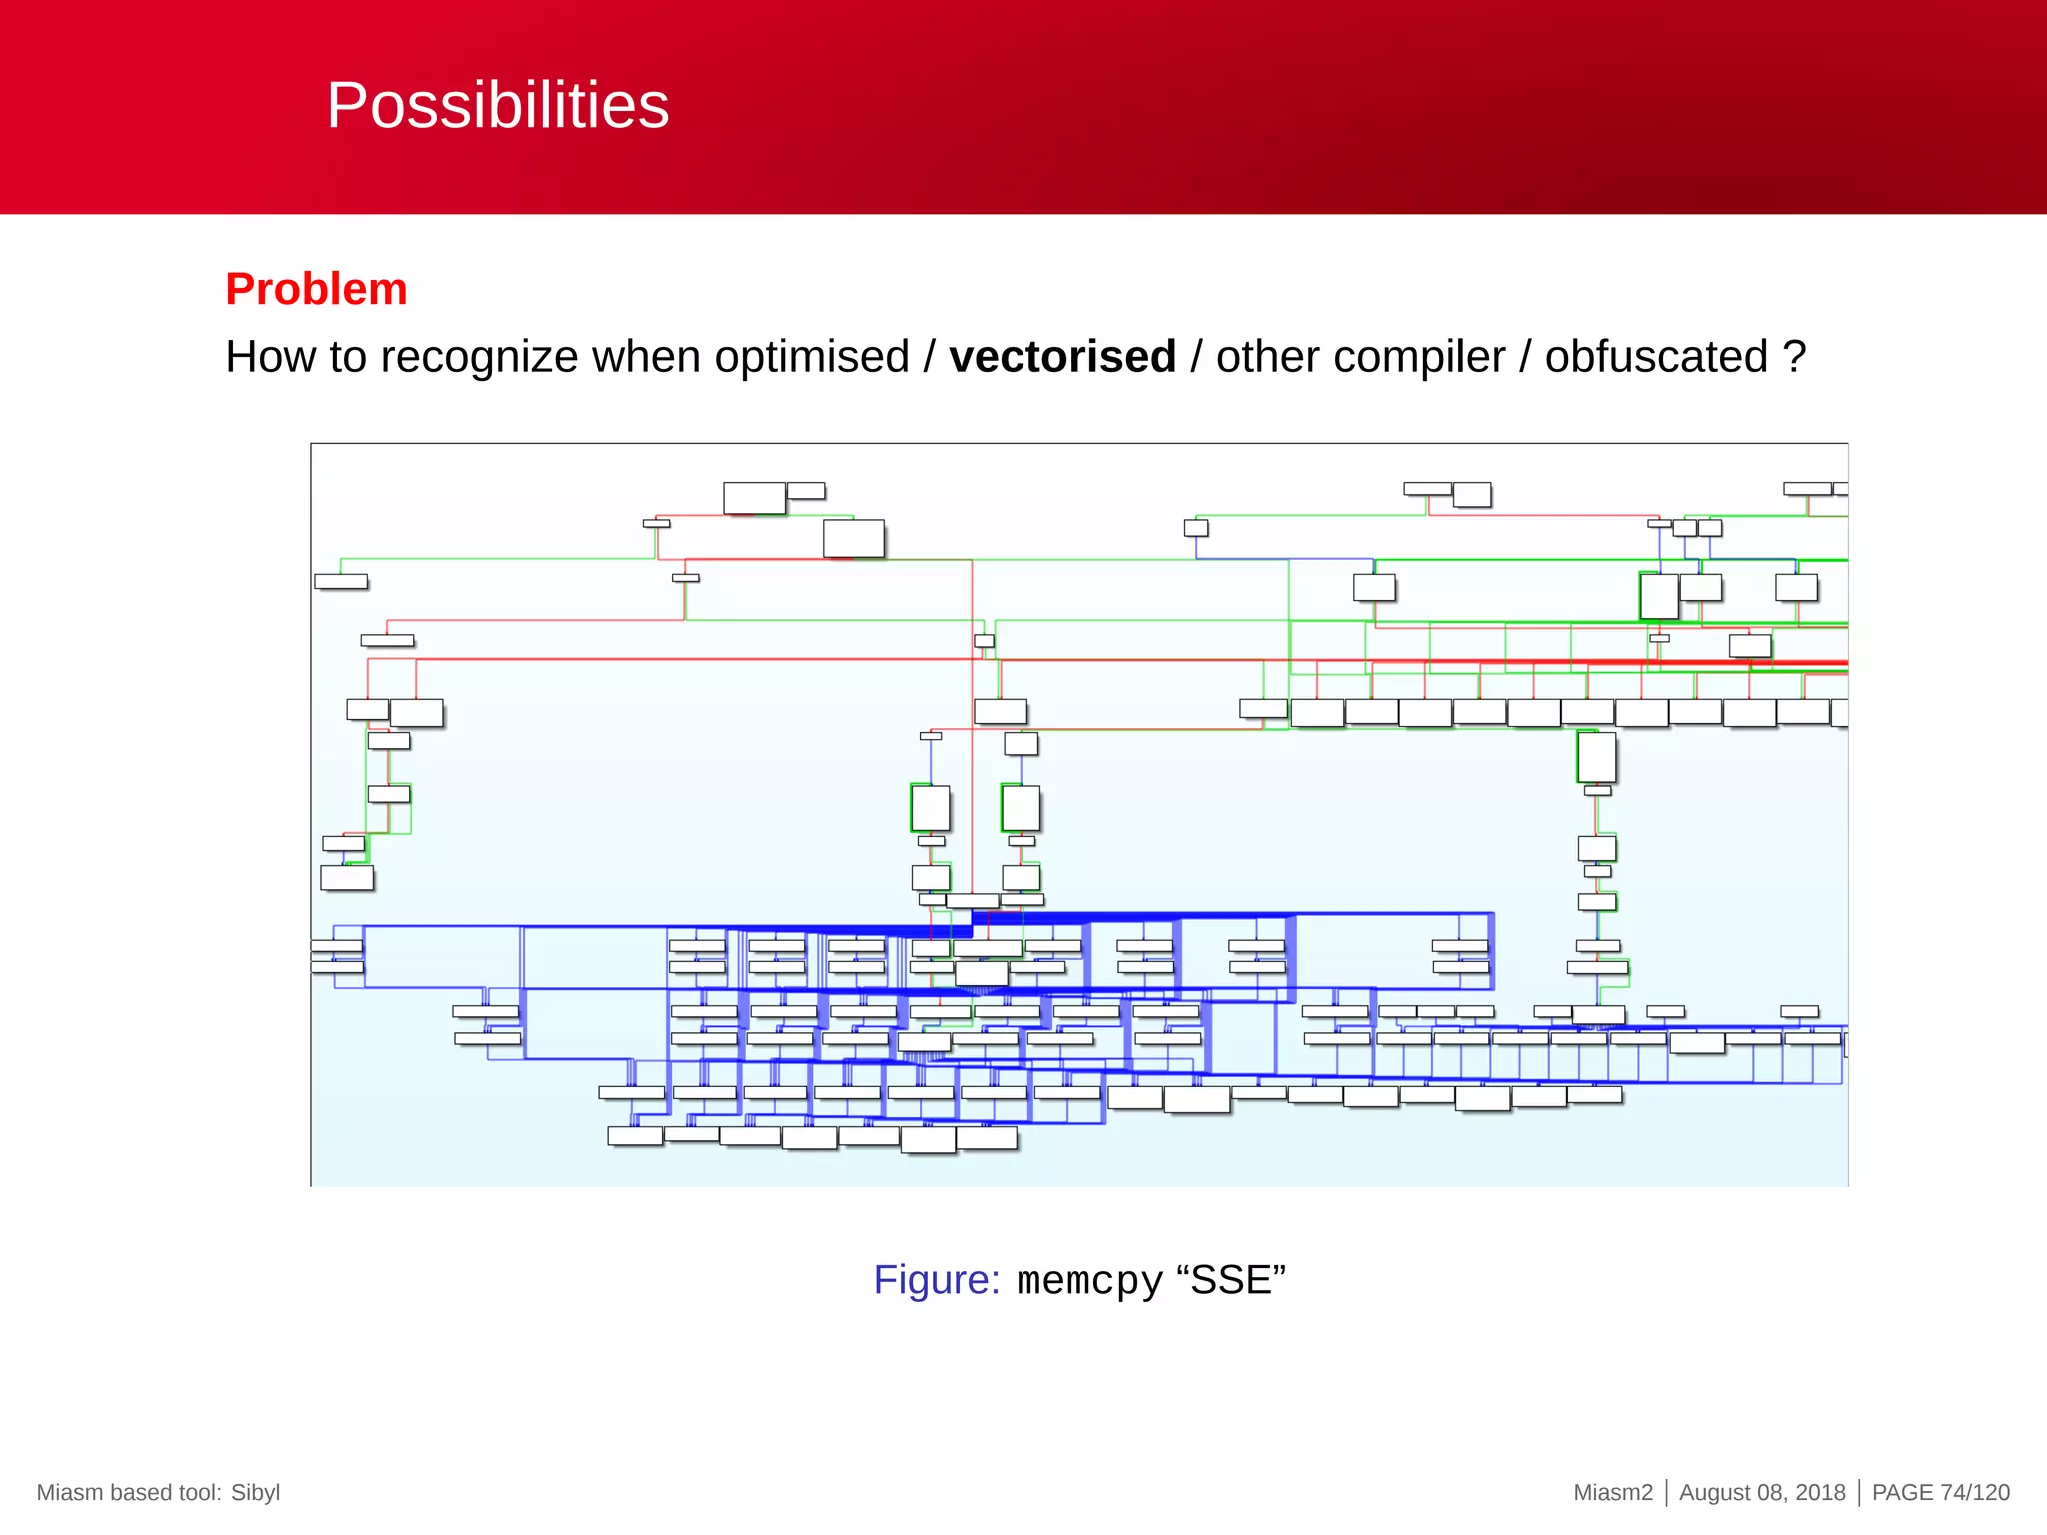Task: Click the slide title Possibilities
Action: (x=497, y=105)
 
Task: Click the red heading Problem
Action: (x=316, y=289)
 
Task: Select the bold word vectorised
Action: (x=1061, y=357)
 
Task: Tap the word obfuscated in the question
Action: (x=1656, y=357)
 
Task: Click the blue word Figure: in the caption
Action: (x=936, y=1280)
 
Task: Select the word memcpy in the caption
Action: (x=1089, y=1281)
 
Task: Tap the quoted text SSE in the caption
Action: (x=1231, y=1280)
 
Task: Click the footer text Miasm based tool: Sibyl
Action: (x=158, y=1492)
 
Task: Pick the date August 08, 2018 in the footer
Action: (x=1761, y=1492)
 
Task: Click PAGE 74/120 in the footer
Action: (x=1940, y=1492)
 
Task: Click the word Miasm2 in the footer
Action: (x=1612, y=1492)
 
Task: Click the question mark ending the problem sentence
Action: (x=1795, y=357)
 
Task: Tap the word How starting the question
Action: (x=261, y=357)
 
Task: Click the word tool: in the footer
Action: (x=196, y=1492)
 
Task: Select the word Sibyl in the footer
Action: (x=255, y=1492)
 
